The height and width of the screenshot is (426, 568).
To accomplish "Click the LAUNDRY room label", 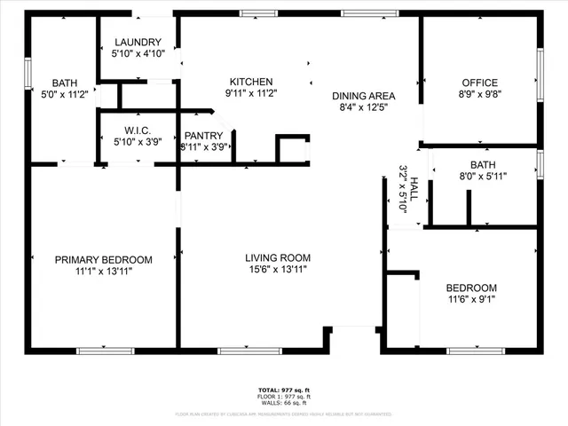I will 137,42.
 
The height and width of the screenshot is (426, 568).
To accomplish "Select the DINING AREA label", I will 363,96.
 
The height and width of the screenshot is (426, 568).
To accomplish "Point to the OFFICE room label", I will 479,83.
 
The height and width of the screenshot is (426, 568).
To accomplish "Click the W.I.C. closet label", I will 137,130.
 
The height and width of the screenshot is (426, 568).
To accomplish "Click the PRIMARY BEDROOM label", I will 104,260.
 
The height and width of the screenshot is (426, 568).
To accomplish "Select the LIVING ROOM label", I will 278,258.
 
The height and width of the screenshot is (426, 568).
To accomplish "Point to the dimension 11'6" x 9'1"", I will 470,300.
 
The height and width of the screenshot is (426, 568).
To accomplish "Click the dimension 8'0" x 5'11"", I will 483,176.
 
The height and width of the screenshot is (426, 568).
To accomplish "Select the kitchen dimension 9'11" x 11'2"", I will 251,93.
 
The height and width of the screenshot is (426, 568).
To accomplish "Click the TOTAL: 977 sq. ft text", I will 283,390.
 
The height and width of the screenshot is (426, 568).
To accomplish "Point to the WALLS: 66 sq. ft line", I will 283,403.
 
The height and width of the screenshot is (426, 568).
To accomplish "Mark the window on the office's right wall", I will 540,70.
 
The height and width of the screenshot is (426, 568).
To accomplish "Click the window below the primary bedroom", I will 105,351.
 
